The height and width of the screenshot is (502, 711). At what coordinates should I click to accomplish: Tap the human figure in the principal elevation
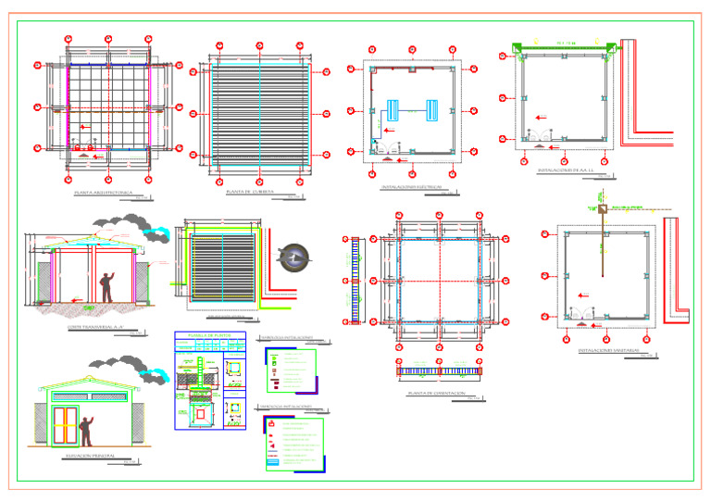(86, 432)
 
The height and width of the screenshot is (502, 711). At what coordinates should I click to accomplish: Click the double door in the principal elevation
(66, 423)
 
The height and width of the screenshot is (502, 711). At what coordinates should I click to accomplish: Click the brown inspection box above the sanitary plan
(602, 211)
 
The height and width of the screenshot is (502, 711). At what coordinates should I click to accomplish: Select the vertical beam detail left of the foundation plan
(355, 281)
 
